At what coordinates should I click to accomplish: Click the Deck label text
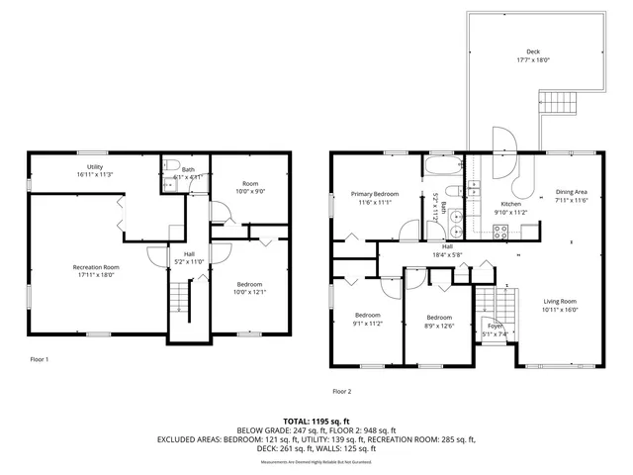coord(532,52)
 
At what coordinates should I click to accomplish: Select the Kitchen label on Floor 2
coord(513,203)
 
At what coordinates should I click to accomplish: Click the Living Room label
coord(559,301)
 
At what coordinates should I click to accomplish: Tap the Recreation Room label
coord(96,267)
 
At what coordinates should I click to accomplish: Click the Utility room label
coord(95,166)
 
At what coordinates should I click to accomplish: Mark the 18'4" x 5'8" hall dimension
coord(447,254)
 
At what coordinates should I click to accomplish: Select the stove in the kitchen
coord(500,233)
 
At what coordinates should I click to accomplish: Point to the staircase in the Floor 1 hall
coord(179,295)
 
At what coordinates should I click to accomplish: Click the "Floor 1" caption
coord(39,359)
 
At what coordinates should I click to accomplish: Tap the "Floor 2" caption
coord(342,391)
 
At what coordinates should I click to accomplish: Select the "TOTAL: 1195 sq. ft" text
coord(316,421)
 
